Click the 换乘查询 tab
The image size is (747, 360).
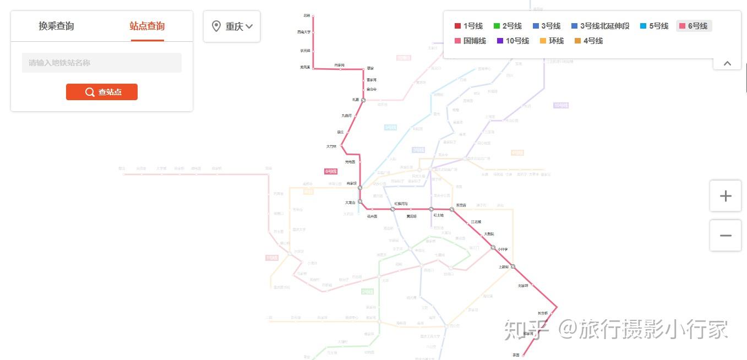click(56, 26)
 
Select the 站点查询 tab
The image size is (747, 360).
click(147, 26)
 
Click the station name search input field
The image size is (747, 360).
click(102, 63)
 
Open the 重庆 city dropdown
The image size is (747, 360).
click(232, 26)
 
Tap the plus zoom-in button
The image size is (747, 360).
click(726, 196)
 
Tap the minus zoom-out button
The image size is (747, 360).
click(726, 236)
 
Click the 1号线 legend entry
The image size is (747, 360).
click(468, 26)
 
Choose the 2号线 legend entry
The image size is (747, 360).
click(508, 26)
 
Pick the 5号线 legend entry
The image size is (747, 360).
click(654, 26)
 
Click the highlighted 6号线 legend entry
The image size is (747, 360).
click(694, 26)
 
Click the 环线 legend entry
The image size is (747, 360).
click(552, 41)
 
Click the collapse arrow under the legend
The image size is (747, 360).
click(727, 63)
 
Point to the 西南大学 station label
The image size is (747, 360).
click(304, 32)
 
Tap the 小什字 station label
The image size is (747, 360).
click(503, 249)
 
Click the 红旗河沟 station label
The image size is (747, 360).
click(401, 204)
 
